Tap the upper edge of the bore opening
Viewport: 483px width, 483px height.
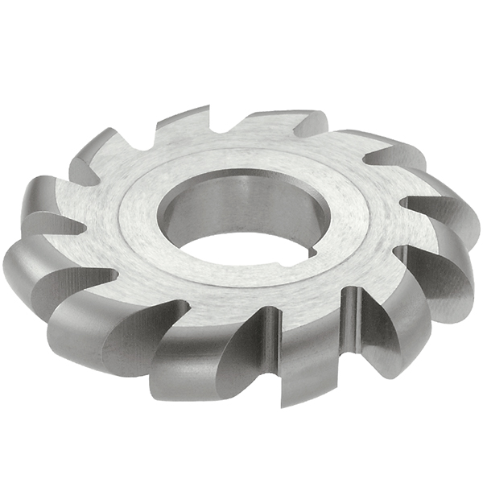tap(242, 173)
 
